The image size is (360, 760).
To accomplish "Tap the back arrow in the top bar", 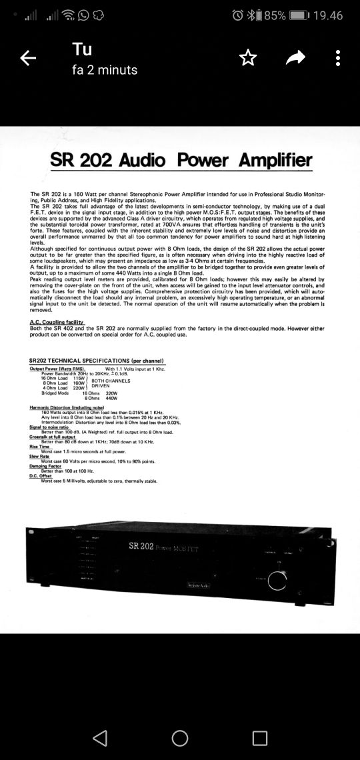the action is click(28, 59).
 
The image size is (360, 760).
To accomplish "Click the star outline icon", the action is click(247, 59).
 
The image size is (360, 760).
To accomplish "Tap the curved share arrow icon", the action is click(295, 59).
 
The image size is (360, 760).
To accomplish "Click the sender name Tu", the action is click(83, 49).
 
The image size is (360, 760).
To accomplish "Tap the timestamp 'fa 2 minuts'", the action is click(105, 70).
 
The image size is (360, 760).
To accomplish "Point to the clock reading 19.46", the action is click(328, 15).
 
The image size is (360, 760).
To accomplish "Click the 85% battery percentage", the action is click(275, 15).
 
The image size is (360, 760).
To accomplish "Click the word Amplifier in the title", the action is click(275, 160).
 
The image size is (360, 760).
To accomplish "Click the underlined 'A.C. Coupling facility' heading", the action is click(57, 322).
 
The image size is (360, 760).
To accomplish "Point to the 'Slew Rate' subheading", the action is click(40, 456).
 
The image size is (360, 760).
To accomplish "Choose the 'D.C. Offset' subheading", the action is click(42, 477).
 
